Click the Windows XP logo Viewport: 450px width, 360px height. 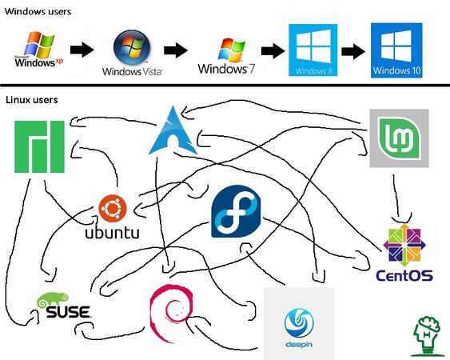click(x=37, y=50)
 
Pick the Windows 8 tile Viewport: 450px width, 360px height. click(x=313, y=50)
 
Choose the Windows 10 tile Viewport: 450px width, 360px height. click(x=396, y=50)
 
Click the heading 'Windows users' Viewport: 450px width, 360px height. click(x=38, y=12)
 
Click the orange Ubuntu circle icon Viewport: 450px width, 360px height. click(x=112, y=210)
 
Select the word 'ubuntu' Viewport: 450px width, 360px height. click(x=112, y=234)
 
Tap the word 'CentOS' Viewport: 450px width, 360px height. click(x=404, y=275)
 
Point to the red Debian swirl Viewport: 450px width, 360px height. click(x=170, y=312)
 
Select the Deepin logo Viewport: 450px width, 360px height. click(x=299, y=325)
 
